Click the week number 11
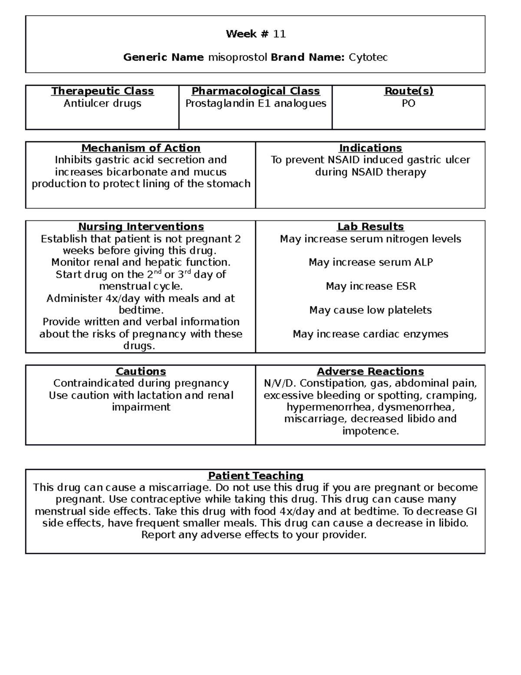pos(279,34)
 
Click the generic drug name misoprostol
pos(237,57)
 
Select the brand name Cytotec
pos(368,57)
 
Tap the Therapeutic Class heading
pos(102,91)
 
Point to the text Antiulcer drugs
pos(102,103)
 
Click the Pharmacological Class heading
pos(256,91)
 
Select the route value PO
pos(409,103)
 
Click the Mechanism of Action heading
pos(141,148)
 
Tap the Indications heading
pos(370,148)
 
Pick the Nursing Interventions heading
pos(141,227)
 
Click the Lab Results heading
pos(370,227)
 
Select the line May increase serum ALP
pos(370,263)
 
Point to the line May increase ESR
pos(370,286)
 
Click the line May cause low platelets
pos(370,310)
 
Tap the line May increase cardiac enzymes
pos(370,334)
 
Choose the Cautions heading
pos(141,372)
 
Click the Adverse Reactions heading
pos(370,372)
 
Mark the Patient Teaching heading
pos(256,476)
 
